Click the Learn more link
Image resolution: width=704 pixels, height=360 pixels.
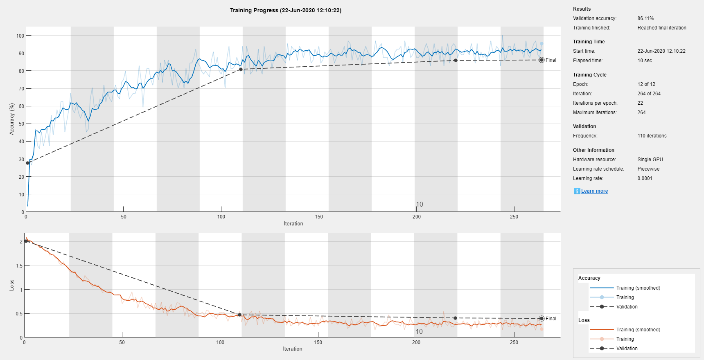(x=594, y=191)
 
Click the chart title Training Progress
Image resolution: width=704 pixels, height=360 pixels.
(x=285, y=10)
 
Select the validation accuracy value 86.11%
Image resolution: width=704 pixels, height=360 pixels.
(x=645, y=18)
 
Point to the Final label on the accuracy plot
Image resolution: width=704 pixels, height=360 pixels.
(x=551, y=60)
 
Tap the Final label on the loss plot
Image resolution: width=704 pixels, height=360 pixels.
(x=551, y=319)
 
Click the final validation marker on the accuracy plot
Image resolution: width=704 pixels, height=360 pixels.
(x=542, y=60)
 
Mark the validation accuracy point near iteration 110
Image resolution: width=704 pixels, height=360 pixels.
(x=241, y=70)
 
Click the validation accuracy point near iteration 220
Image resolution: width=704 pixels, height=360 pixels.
(x=456, y=61)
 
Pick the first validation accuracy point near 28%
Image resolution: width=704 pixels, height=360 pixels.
(x=28, y=163)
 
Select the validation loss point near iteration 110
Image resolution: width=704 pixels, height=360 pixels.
(x=239, y=315)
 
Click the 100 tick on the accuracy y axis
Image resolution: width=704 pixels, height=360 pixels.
(x=20, y=36)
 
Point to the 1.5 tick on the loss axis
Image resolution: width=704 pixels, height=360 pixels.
(x=19, y=266)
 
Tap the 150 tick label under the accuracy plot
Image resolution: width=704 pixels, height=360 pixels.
(x=319, y=217)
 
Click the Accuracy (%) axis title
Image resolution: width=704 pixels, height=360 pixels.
(x=12, y=119)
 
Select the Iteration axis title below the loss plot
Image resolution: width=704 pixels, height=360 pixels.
(x=293, y=349)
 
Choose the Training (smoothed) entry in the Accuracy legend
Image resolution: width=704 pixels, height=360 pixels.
(x=638, y=288)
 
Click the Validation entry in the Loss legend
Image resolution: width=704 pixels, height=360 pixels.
(x=627, y=349)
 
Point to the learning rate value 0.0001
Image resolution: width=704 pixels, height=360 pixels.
(x=645, y=178)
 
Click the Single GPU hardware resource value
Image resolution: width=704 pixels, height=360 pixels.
(x=650, y=160)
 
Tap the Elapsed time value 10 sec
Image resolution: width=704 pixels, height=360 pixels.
(x=645, y=61)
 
